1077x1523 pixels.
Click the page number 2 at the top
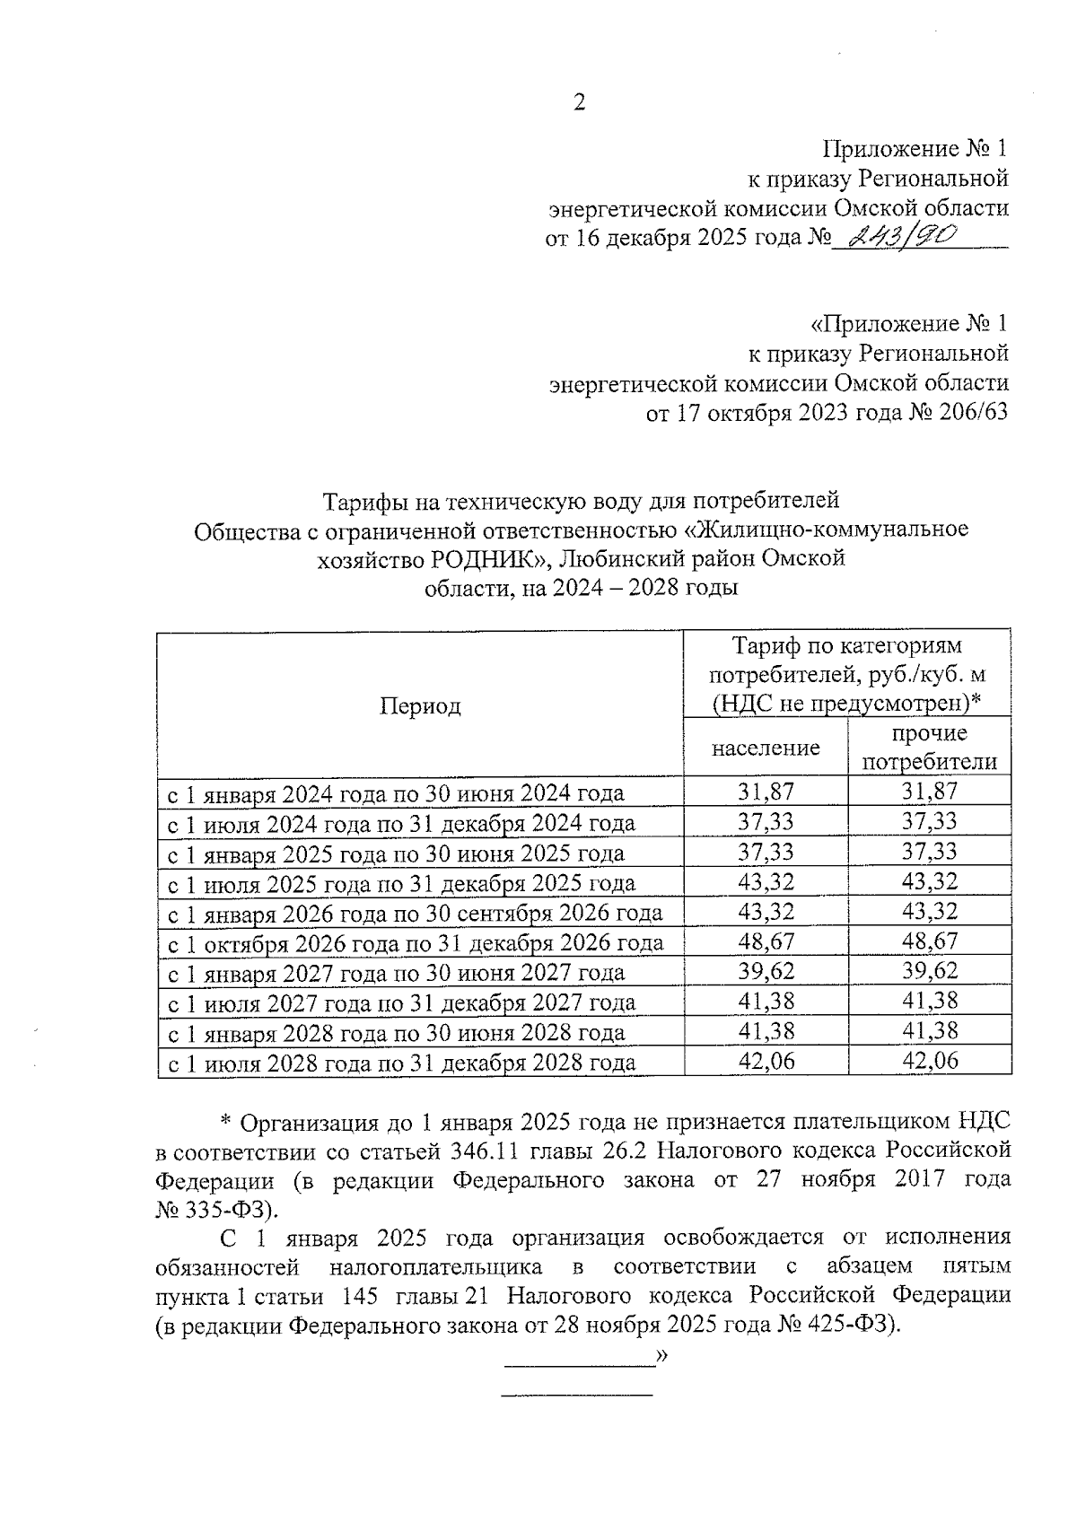coord(579,103)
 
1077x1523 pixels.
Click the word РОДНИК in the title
coord(484,559)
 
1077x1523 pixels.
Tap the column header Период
coord(419,706)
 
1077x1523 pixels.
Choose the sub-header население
coord(766,747)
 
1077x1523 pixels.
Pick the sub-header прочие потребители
coord(929,748)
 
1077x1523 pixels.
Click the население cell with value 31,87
coord(766,792)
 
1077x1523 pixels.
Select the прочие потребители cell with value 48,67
coord(929,941)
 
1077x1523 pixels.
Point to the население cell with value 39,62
coord(766,971)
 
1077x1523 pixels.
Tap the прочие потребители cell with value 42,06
coord(929,1061)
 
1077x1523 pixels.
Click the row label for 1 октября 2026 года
coord(416,942)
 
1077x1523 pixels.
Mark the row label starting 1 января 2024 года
coord(397,793)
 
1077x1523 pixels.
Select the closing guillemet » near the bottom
coord(662,1355)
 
